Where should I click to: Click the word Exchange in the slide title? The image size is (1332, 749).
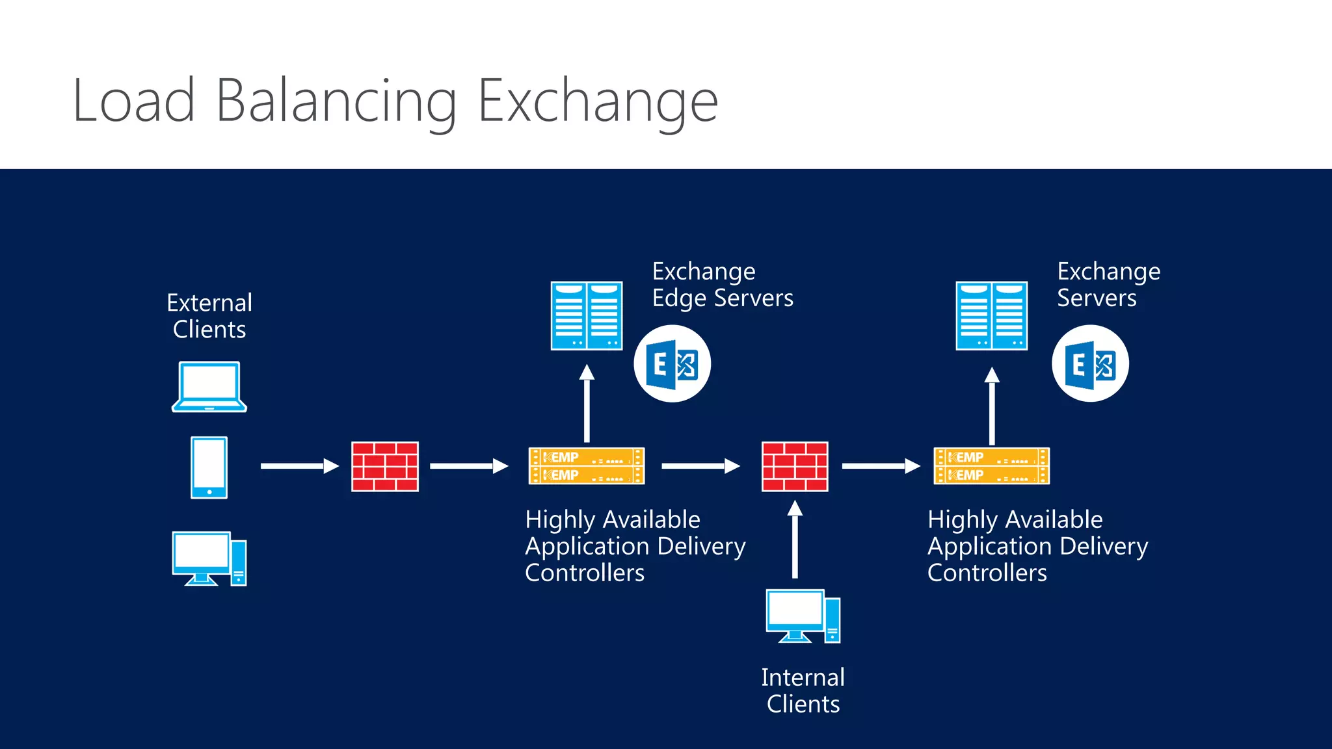point(598,101)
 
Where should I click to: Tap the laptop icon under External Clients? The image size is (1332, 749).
point(209,387)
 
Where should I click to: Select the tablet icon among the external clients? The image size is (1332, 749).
point(209,467)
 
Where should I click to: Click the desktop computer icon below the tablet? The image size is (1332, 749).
point(209,558)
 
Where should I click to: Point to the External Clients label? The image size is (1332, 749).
point(209,316)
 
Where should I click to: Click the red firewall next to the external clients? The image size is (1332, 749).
point(385,466)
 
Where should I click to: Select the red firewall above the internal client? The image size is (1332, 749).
point(795,466)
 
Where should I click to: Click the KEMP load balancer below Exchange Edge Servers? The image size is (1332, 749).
point(587,466)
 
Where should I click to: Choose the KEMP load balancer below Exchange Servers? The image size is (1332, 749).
point(991,466)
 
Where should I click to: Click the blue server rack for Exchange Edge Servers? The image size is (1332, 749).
point(587,316)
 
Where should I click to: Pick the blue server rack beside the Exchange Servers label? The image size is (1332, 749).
point(991,316)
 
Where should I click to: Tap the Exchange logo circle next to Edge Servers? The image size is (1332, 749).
point(673,364)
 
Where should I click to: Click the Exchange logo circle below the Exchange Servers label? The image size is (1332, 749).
point(1090,364)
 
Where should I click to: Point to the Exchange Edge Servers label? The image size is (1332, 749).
point(722,285)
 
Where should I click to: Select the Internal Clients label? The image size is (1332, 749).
point(803,690)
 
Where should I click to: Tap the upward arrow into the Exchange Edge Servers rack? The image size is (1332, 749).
point(587,403)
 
